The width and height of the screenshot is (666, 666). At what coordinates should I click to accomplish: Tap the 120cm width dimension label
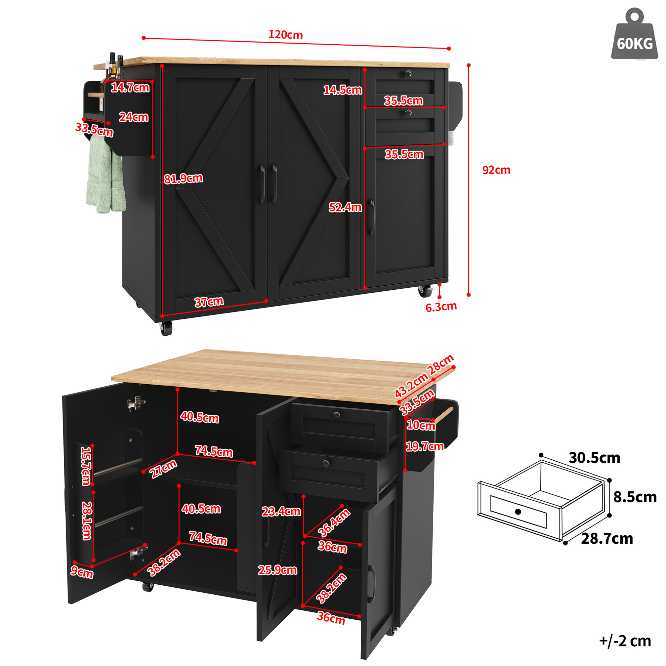point(285,35)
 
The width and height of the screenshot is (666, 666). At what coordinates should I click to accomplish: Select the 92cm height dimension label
point(496,170)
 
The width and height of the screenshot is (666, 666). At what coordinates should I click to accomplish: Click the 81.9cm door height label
point(183,179)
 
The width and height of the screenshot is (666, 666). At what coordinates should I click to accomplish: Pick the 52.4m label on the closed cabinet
point(345,207)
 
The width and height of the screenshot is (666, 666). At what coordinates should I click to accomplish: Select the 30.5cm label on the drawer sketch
point(594,458)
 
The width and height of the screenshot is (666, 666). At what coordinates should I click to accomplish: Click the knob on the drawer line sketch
point(518,512)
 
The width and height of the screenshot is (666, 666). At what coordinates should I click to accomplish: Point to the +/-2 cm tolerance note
point(625,641)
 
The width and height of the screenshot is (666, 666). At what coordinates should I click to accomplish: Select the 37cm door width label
point(209,302)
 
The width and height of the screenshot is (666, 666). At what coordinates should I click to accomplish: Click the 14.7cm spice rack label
point(130,87)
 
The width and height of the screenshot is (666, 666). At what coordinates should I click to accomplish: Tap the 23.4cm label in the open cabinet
point(281,512)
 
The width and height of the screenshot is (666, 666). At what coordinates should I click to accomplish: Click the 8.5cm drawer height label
point(635,497)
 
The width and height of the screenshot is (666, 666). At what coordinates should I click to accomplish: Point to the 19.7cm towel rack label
point(425,446)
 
